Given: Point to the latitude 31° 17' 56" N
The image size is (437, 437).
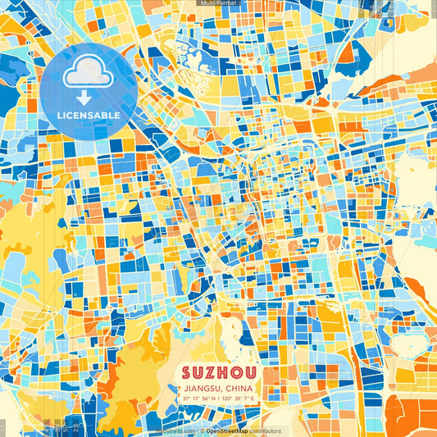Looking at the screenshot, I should click(x=198, y=398).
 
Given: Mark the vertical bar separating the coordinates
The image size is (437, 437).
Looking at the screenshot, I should click(x=219, y=398).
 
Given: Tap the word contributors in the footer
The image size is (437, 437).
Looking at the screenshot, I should click(x=266, y=430).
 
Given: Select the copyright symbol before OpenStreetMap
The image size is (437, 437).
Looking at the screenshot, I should click(x=203, y=430).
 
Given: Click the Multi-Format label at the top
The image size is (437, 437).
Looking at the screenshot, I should click(x=218, y=3).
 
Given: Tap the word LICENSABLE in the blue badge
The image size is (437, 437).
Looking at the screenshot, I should click(x=89, y=116).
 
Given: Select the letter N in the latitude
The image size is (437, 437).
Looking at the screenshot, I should click(x=213, y=398).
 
